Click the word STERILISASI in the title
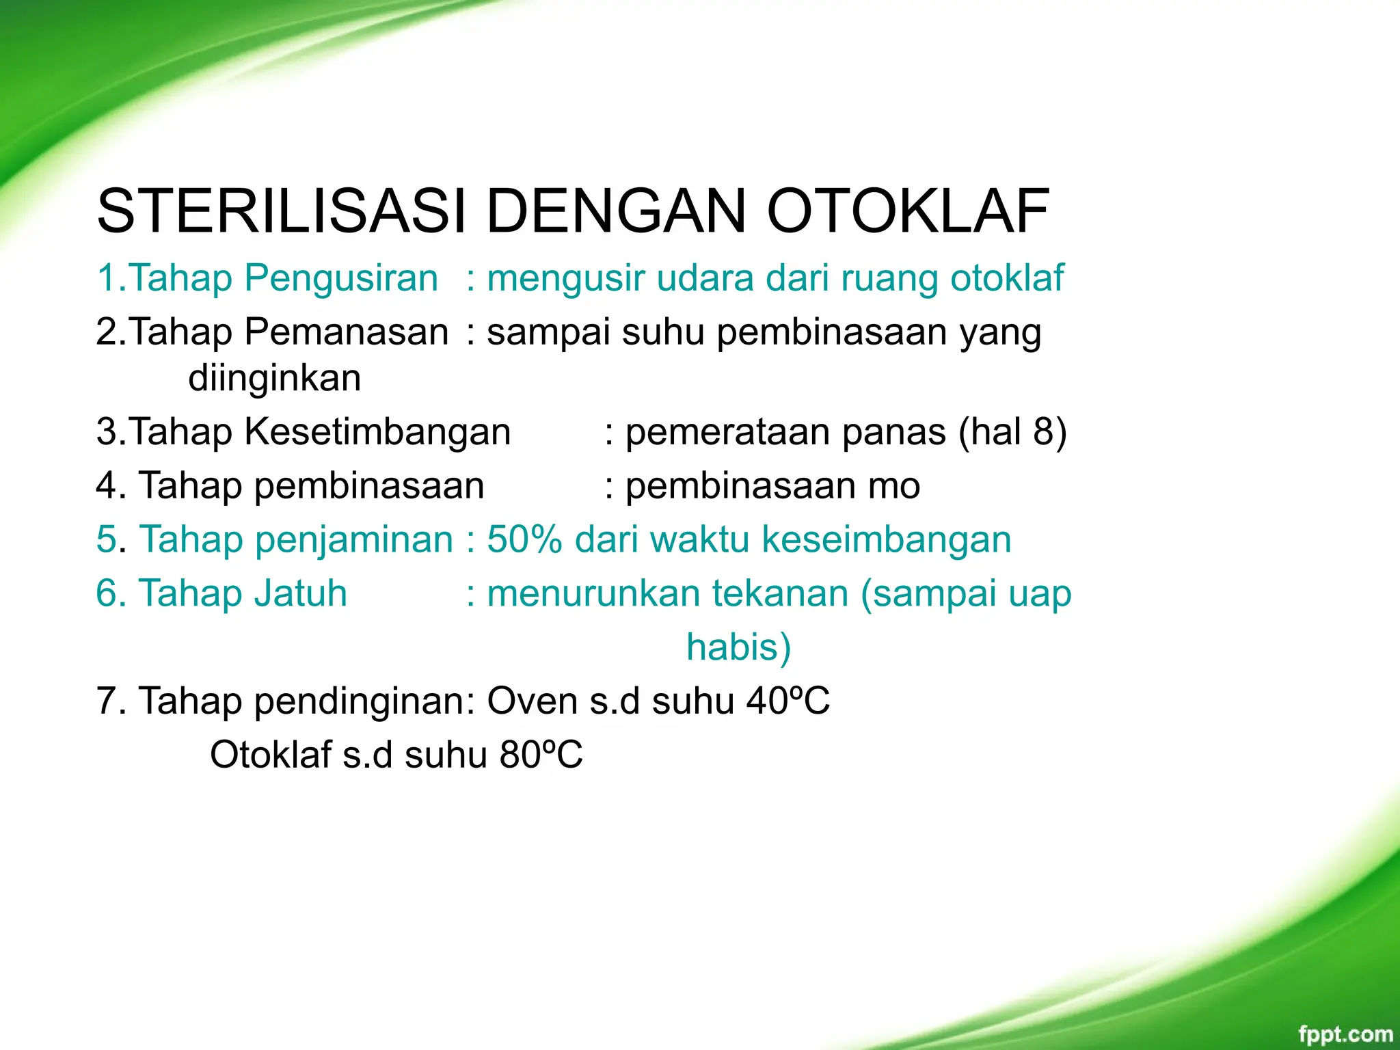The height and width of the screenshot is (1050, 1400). tap(281, 211)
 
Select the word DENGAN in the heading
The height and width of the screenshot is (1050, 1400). tap(615, 211)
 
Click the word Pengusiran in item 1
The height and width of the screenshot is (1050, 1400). tap(340, 278)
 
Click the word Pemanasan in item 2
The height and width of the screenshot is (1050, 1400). tap(346, 332)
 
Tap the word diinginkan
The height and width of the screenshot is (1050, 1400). tap(274, 378)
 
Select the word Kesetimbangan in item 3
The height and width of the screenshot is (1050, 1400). tap(377, 432)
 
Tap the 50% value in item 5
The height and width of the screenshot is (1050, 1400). tap(524, 539)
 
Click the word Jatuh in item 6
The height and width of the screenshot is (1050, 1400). tap(300, 593)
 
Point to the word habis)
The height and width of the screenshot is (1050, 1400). tap(738, 647)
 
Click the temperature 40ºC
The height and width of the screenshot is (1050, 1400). tap(787, 701)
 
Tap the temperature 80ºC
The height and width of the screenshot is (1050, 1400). tap(541, 755)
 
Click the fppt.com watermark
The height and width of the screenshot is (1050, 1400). tap(1345, 1034)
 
